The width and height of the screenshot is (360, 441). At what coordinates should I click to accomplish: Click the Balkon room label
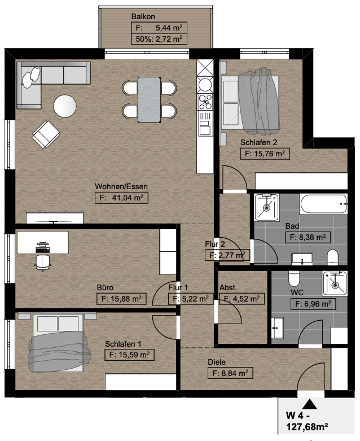point(143,16)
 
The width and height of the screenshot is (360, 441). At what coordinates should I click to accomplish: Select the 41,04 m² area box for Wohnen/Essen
point(121,198)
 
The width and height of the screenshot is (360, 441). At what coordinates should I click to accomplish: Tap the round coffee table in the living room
point(65,106)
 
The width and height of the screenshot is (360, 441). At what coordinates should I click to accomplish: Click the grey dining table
point(149,100)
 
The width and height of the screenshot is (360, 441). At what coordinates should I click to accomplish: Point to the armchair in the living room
point(46,134)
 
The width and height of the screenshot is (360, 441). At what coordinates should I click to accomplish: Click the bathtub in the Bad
point(323,204)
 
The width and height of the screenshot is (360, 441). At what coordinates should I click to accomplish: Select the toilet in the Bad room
point(332,257)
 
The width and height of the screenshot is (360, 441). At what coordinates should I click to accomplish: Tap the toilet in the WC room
point(294,278)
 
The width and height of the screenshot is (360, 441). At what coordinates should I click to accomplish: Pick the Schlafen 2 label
point(258,142)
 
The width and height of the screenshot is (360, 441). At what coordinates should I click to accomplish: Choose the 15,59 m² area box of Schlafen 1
point(129,355)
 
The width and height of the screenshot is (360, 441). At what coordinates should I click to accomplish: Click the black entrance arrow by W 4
point(310,404)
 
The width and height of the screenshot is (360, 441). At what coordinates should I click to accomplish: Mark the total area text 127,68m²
point(307,427)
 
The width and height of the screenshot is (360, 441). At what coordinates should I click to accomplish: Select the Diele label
point(217,362)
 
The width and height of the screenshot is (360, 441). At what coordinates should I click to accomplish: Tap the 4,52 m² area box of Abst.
point(242,299)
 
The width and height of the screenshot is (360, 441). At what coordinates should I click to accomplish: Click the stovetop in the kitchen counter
point(205,102)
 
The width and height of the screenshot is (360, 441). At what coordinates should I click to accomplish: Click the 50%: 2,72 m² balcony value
point(159,39)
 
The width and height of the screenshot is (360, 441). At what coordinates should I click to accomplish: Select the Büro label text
point(105,287)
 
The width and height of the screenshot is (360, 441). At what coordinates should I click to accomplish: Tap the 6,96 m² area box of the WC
point(313,304)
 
